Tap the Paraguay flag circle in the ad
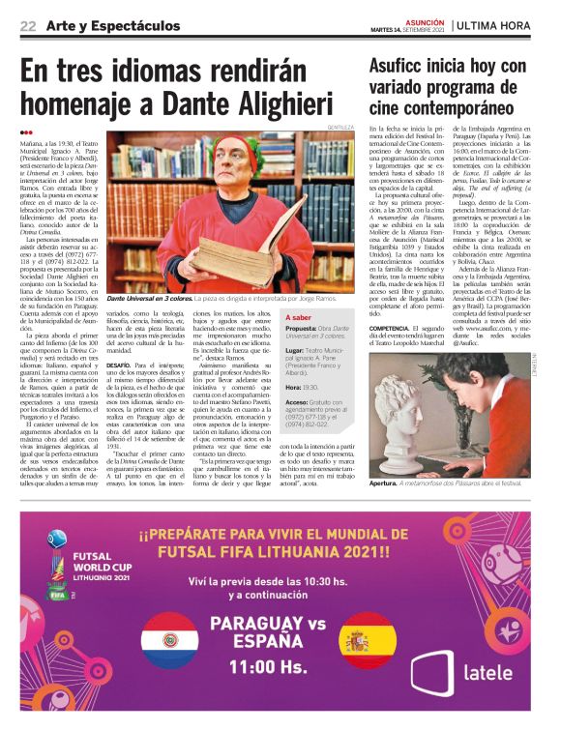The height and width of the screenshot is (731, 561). point(169,639)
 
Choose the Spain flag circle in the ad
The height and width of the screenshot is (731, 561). point(369,639)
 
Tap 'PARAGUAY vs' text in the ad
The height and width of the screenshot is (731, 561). point(268,624)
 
